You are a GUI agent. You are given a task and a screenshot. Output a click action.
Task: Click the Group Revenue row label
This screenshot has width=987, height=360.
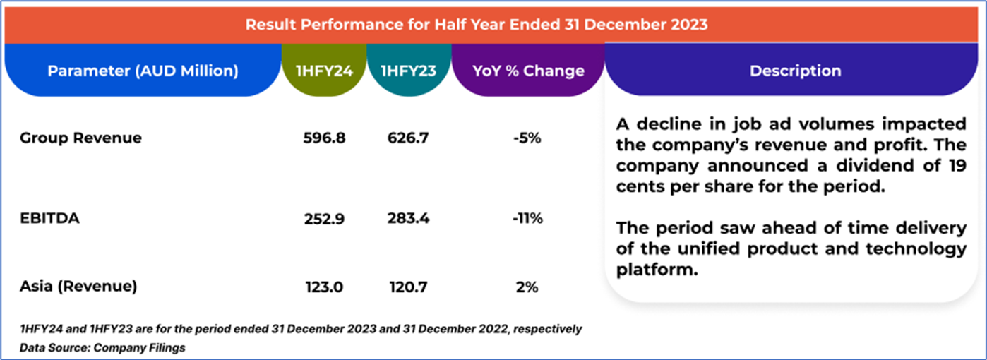click(x=80, y=138)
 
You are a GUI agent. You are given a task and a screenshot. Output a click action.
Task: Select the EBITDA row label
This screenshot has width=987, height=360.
click(x=49, y=218)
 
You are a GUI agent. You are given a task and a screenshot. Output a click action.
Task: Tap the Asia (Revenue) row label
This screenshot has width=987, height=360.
click(x=78, y=286)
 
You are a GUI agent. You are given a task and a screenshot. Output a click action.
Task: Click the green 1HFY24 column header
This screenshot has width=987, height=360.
click(x=324, y=71)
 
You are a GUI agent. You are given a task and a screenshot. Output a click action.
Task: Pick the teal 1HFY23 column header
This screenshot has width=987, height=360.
click(x=408, y=71)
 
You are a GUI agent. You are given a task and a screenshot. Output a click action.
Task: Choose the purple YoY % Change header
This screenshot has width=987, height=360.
click(x=529, y=71)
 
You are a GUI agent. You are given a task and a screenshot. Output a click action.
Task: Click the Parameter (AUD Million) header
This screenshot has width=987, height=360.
click(x=143, y=71)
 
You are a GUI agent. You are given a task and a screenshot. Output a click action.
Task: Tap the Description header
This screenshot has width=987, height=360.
click(x=795, y=71)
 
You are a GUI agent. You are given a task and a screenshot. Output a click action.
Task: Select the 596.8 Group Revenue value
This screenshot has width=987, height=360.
click(x=324, y=138)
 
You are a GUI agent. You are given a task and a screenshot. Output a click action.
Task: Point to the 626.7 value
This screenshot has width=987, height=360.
click(x=408, y=138)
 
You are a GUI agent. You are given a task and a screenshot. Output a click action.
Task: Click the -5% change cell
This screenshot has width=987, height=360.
click(x=527, y=138)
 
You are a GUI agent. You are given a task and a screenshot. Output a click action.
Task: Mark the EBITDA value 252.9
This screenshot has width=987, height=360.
click(x=324, y=218)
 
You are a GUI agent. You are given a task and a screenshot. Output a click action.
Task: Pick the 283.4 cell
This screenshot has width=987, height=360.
click(x=408, y=218)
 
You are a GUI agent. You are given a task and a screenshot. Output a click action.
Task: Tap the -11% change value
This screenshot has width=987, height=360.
click(x=527, y=218)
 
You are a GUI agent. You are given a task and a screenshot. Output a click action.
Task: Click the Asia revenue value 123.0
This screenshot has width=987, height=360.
click(x=324, y=286)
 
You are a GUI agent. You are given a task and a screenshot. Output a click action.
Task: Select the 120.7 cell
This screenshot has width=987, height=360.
click(x=408, y=286)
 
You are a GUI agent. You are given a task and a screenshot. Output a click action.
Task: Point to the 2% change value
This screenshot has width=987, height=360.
click(x=527, y=286)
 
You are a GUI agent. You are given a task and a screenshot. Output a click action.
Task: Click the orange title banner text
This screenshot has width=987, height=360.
click(x=477, y=25)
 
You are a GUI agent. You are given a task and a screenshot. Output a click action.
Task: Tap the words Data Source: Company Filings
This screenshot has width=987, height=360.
click(x=102, y=347)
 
